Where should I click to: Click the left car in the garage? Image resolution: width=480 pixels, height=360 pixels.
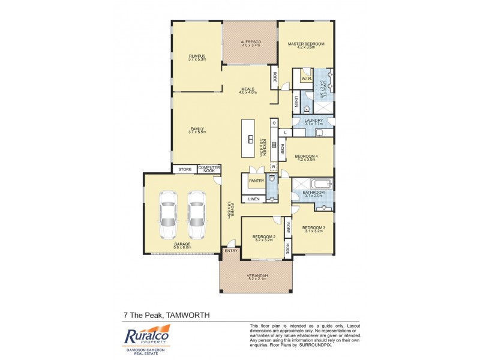[169, 216]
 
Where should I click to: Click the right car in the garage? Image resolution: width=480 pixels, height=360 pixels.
[196, 216]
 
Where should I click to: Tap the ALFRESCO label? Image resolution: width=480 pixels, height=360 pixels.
[250, 43]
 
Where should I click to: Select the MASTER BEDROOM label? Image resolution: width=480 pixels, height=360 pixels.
[305, 44]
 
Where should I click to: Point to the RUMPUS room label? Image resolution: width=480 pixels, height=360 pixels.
[197, 56]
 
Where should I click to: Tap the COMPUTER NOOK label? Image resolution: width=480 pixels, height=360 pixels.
[209, 170]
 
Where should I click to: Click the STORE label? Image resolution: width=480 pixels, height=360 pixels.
[185, 170]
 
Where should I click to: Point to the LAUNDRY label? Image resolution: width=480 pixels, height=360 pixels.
[314, 121]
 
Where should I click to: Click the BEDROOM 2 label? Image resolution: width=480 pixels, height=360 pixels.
[263, 237]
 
